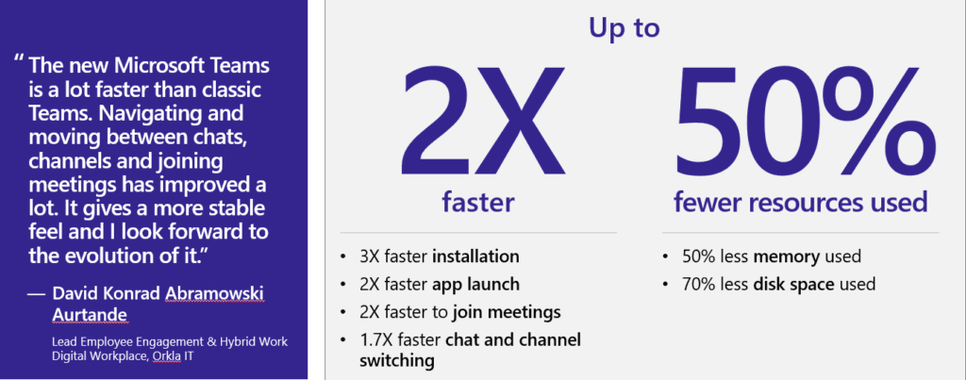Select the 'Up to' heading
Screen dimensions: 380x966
coord(625,27)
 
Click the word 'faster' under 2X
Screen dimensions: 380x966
coord(478,201)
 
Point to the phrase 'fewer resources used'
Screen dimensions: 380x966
coord(800,201)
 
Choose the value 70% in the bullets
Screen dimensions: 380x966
coord(694,284)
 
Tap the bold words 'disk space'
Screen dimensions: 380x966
coord(786,284)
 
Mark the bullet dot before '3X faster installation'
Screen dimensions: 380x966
coord(341,256)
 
